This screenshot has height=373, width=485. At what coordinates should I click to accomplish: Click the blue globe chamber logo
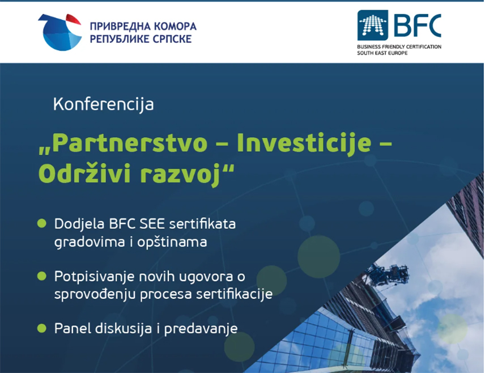point(60,32)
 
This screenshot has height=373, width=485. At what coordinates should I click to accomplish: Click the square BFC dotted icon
point(373,25)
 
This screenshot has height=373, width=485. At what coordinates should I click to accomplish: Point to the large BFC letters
point(418,25)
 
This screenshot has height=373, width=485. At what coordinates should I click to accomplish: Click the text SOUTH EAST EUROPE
point(382,53)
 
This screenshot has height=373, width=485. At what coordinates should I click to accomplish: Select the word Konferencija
point(103,104)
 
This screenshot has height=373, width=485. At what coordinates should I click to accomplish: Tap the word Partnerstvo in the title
point(130,143)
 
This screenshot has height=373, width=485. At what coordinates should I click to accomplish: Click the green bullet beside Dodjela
point(42,223)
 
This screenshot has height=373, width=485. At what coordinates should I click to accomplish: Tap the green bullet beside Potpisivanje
point(42,276)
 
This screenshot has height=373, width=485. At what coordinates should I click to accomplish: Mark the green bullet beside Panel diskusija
point(42,328)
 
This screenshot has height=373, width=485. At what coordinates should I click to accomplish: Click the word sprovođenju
point(95,294)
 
